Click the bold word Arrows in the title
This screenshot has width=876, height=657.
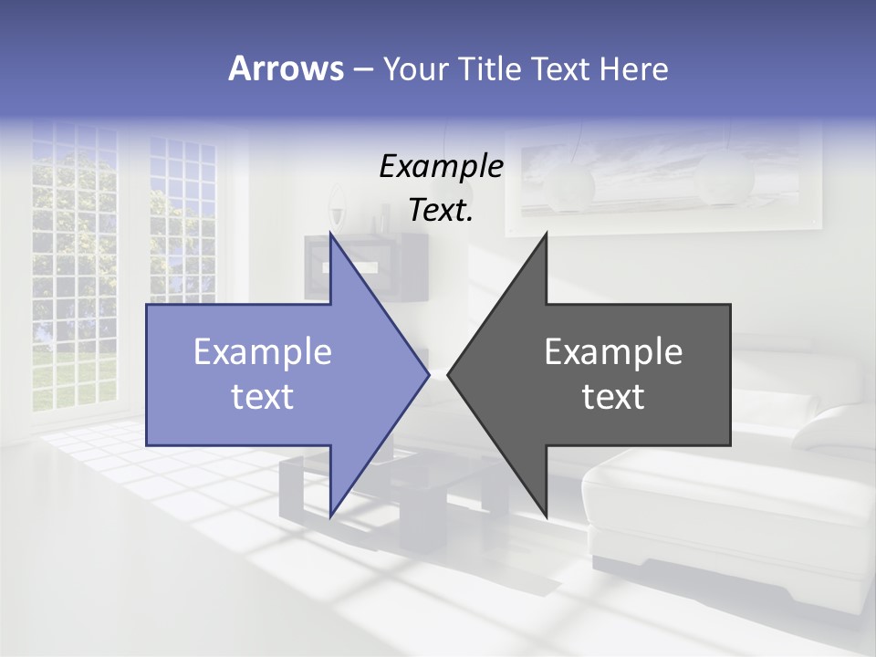coord(286,68)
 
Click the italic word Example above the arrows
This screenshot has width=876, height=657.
coord(441,166)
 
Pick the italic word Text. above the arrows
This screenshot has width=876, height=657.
coord(441,211)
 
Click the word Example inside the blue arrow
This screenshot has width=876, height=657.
coord(262,351)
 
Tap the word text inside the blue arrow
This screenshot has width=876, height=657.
coord(262,396)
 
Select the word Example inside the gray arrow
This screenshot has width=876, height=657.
coord(613,351)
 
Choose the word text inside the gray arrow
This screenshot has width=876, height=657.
coord(613,396)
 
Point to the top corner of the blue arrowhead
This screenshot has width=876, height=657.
coord(330,235)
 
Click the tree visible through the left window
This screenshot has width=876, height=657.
coord(73,210)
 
